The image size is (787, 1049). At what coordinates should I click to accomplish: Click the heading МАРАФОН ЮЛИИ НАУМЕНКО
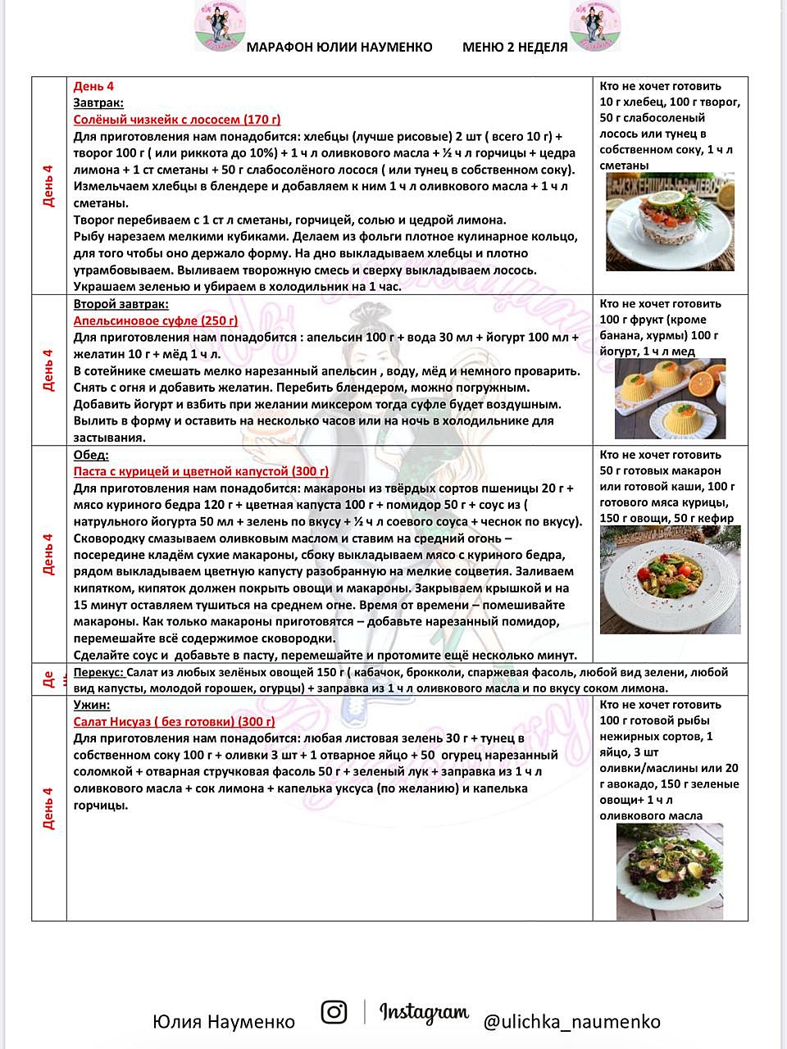339,48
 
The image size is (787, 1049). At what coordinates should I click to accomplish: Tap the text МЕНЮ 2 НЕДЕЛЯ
515,48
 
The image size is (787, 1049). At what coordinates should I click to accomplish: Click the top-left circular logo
220,25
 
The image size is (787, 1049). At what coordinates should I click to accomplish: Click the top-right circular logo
595,25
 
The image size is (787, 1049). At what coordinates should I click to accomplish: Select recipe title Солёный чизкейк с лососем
177,120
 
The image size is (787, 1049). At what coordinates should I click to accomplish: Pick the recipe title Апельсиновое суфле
156,320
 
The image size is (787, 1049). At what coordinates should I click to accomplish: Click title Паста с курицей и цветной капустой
201,471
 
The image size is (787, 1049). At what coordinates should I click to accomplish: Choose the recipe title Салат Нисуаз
174,721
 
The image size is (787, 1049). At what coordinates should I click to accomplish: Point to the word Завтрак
98,102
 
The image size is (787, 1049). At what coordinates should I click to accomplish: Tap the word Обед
91,455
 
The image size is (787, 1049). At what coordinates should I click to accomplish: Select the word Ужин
91,705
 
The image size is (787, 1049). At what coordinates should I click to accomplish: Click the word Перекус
99,672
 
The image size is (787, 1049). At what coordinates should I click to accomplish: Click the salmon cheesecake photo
670,222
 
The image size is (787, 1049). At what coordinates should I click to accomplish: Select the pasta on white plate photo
670,579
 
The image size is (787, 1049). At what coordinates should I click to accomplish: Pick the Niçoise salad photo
670,870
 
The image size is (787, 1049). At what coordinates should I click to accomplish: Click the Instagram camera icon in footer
334,1012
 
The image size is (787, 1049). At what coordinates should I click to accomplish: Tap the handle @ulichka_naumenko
571,1022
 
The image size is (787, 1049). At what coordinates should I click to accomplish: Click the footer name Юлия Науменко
223,1022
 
